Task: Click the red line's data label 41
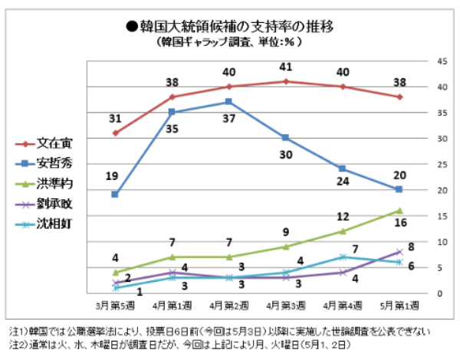286,67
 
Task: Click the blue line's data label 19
112,177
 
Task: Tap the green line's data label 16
401,224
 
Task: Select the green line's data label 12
343,217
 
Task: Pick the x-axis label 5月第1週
399,306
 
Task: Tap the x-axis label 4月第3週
285,306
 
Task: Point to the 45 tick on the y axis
442,61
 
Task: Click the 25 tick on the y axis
442,164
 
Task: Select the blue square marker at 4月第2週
228,102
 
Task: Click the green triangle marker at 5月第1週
399,211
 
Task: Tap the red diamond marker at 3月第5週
115,133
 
